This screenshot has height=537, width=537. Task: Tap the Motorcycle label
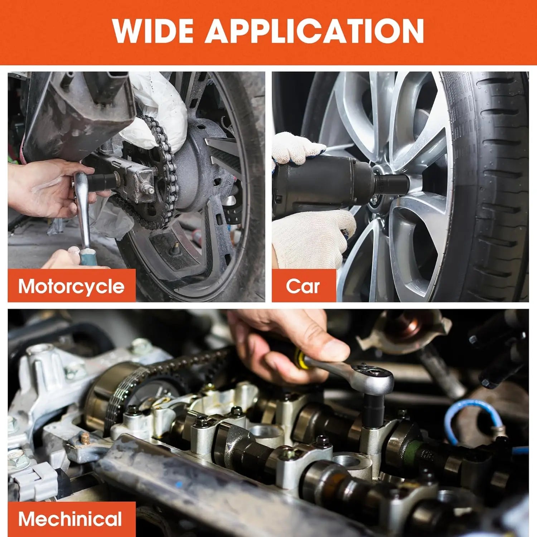pyautogui.click(x=71, y=286)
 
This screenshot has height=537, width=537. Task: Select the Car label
pyautogui.click(x=303, y=286)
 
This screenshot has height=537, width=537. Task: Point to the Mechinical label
pyautogui.click(x=70, y=519)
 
